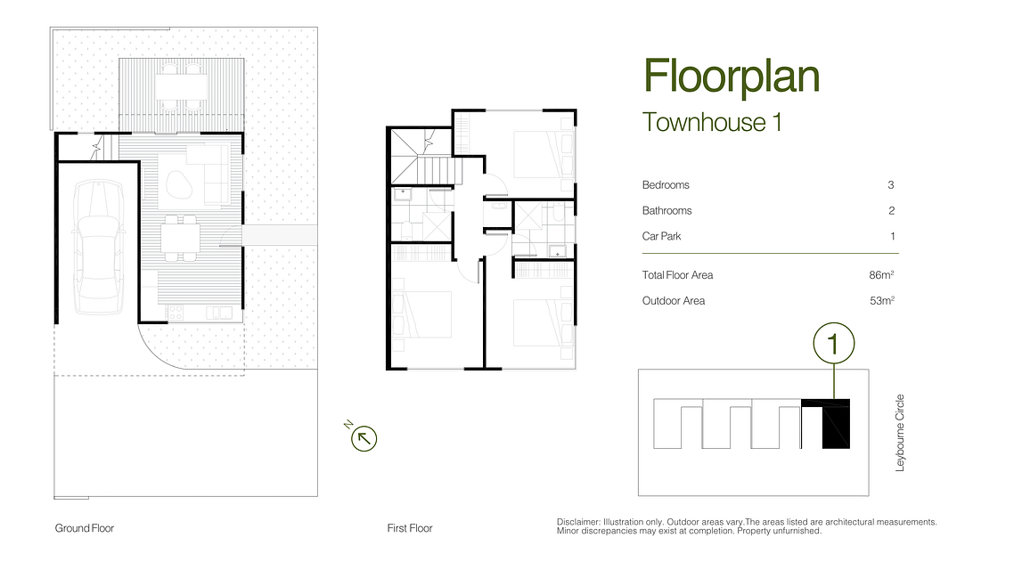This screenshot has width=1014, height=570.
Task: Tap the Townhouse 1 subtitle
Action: tap(712, 122)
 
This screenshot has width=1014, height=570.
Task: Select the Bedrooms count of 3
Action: tap(890, 185)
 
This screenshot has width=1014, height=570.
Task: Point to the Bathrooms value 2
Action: tap(892, 211)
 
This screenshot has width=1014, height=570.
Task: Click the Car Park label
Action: tap(661, 237)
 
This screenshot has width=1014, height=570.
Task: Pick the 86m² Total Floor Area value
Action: tap(882, 275)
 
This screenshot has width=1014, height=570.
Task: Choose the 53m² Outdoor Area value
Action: tap(882, 301)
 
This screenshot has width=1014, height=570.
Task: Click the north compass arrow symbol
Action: tap(364, 439)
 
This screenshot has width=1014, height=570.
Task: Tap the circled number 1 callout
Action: tap(834, 343)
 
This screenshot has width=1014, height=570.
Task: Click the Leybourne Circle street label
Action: tap(900, 433)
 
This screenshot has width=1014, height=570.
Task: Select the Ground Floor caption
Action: tap(84, 528)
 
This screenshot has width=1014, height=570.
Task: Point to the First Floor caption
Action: tap(409, 528)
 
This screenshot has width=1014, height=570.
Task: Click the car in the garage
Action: tap(98, 247)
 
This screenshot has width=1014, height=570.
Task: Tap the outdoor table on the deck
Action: tap(181, 86)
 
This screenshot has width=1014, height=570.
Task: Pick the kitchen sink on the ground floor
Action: tap(218, 313)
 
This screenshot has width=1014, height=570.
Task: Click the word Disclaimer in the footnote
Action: tap(578, 522)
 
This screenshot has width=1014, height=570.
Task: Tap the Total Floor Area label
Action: tap(677, 275)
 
